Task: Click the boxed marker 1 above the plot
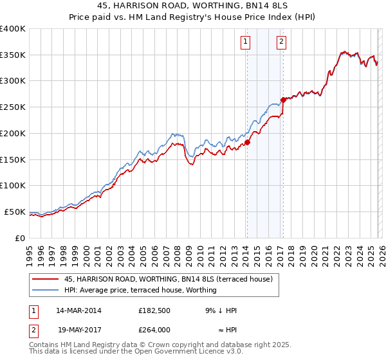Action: click(x=246, y=42)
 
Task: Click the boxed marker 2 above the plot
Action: click(x=282, y=42)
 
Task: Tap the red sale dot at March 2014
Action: click(x=247, y=143)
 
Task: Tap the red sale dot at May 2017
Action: click(x=283, y=100)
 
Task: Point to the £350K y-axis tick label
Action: click(x=13, y=55)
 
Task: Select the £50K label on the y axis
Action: click(x=15, y=212)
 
